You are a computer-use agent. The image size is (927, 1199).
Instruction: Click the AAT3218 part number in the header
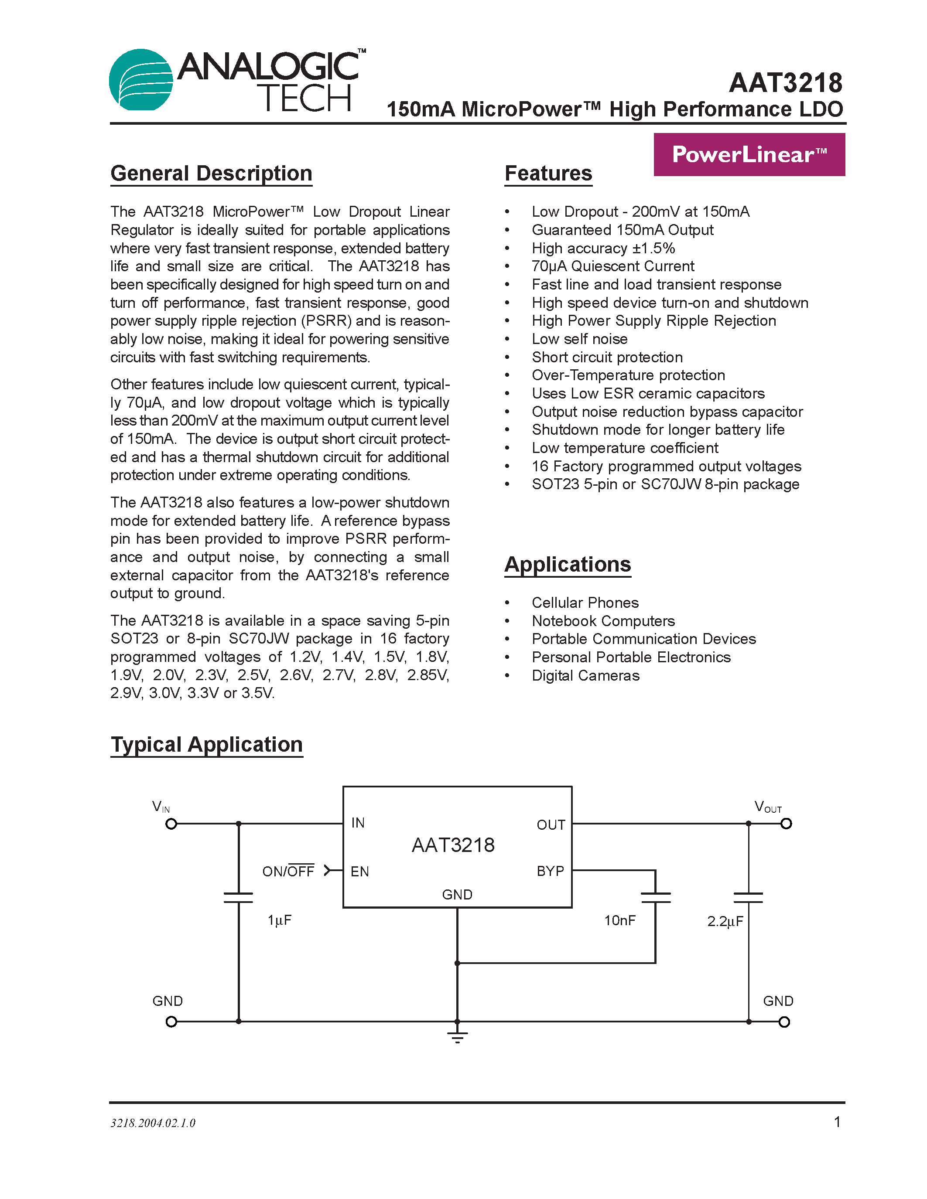click(785, 83)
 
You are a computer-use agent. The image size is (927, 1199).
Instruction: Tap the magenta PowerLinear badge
click(749, 154)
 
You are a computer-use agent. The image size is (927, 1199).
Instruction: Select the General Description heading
click(212, 174)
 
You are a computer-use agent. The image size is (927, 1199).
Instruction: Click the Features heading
click(548, 174)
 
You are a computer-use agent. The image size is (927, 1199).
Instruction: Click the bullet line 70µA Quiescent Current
click(612, 266)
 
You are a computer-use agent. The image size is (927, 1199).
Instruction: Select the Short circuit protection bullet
click(607, 358)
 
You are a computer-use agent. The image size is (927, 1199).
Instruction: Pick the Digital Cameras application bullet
click(585, 676)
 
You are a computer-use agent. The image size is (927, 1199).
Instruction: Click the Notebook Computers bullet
click(603, 621)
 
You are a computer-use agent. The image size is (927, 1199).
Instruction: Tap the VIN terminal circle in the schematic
click(171, 824)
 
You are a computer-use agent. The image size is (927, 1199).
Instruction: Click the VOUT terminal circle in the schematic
click(787, 824)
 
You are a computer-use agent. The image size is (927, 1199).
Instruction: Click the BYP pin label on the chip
click(550, 871)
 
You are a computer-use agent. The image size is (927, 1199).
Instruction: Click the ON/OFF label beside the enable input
click(288, 871)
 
